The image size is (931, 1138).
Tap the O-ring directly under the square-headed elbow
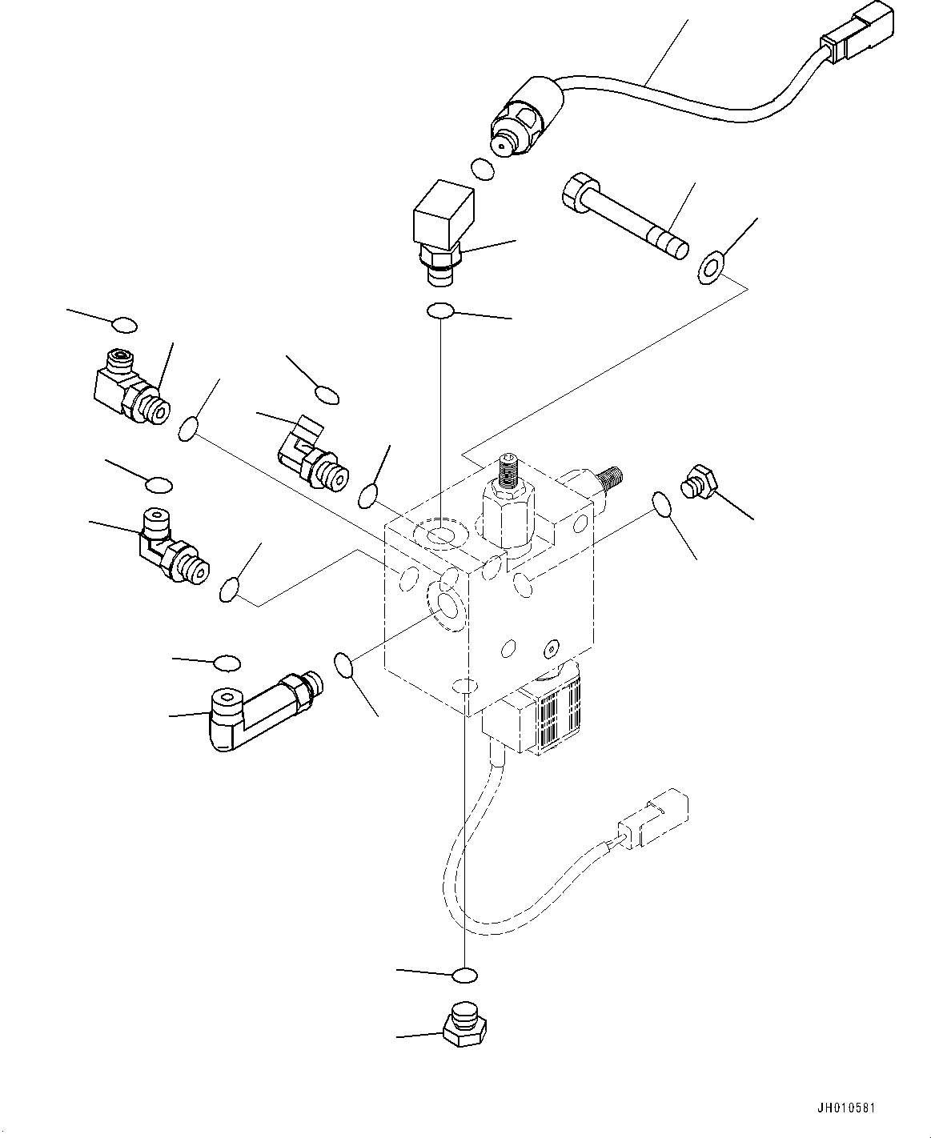pos(442,311)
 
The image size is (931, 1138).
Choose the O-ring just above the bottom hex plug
pos(464,975)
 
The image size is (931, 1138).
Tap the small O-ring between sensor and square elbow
pos(482,170)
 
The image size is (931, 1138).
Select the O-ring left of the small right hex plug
pos(662,504)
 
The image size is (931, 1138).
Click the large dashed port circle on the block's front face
pos(446,604)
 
